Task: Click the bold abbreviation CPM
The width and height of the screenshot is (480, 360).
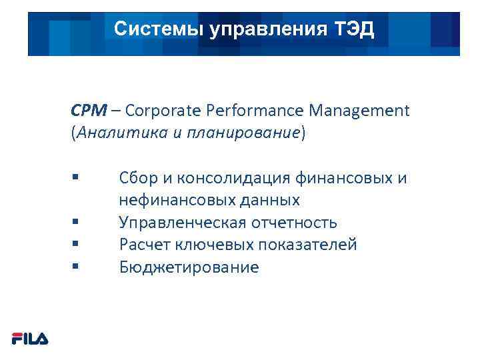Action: tap(85, 110)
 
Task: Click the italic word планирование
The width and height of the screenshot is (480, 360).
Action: tap(257, 132)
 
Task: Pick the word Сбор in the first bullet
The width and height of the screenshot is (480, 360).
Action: tap(137, 178)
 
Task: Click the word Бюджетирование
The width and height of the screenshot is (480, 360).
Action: tap(189, 267)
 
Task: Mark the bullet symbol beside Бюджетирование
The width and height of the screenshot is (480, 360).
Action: tap(75, 267)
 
